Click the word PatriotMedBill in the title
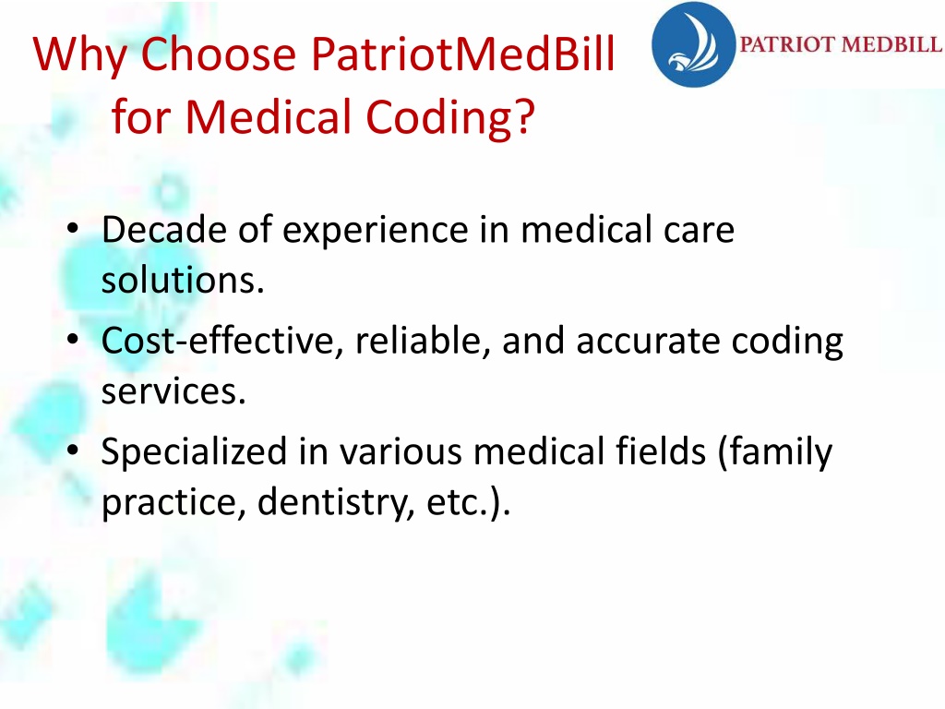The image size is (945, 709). click(x=463, y=54)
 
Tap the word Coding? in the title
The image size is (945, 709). click(x=450, y=117)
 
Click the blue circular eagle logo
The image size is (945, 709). click(x=694, y=44)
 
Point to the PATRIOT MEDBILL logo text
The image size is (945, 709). click(x=841, y=44)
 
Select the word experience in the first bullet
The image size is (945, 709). click(x=375, y=231)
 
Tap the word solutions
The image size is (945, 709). click(x=183, y=280)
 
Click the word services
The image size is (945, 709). click(x=173, y=391)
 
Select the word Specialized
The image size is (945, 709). click(x=194, y=452)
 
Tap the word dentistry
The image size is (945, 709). click(x=336, y=502)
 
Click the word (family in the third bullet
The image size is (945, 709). click(x=775, y=452)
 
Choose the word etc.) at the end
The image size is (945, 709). click(x=468, y=503)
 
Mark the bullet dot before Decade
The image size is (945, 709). click(x=73, y=229)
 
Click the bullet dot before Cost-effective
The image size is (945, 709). click(x=73, y=340)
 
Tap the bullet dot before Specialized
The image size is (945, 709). click(x=73, y=451)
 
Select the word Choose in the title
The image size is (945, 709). click(x=219, y=54)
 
